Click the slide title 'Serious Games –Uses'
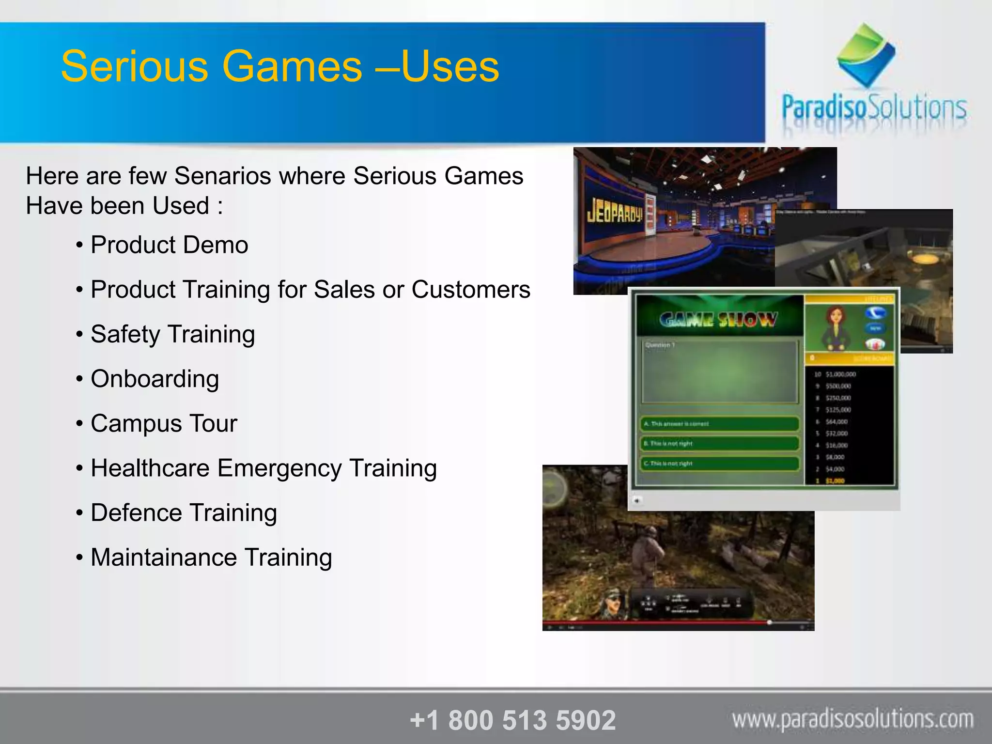click(x=280, y=66)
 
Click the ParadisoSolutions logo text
click(x=874, y=108)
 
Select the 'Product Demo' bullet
click(x=169, y=245)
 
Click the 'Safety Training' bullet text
click(x=172, y=334)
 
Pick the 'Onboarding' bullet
click(x=155, y=379)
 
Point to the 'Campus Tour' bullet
click(x=164, y=423)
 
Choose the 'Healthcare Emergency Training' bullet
click(x=263, y=468)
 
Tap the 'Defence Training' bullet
click(x=184, y=513)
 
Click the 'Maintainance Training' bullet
click(x=211, y=558)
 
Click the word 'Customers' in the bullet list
click(x=471, y=290)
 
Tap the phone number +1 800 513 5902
click(x=512, y=720)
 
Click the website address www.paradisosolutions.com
click(x=852, y=719)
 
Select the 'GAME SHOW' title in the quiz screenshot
click(x=718, y=320)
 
